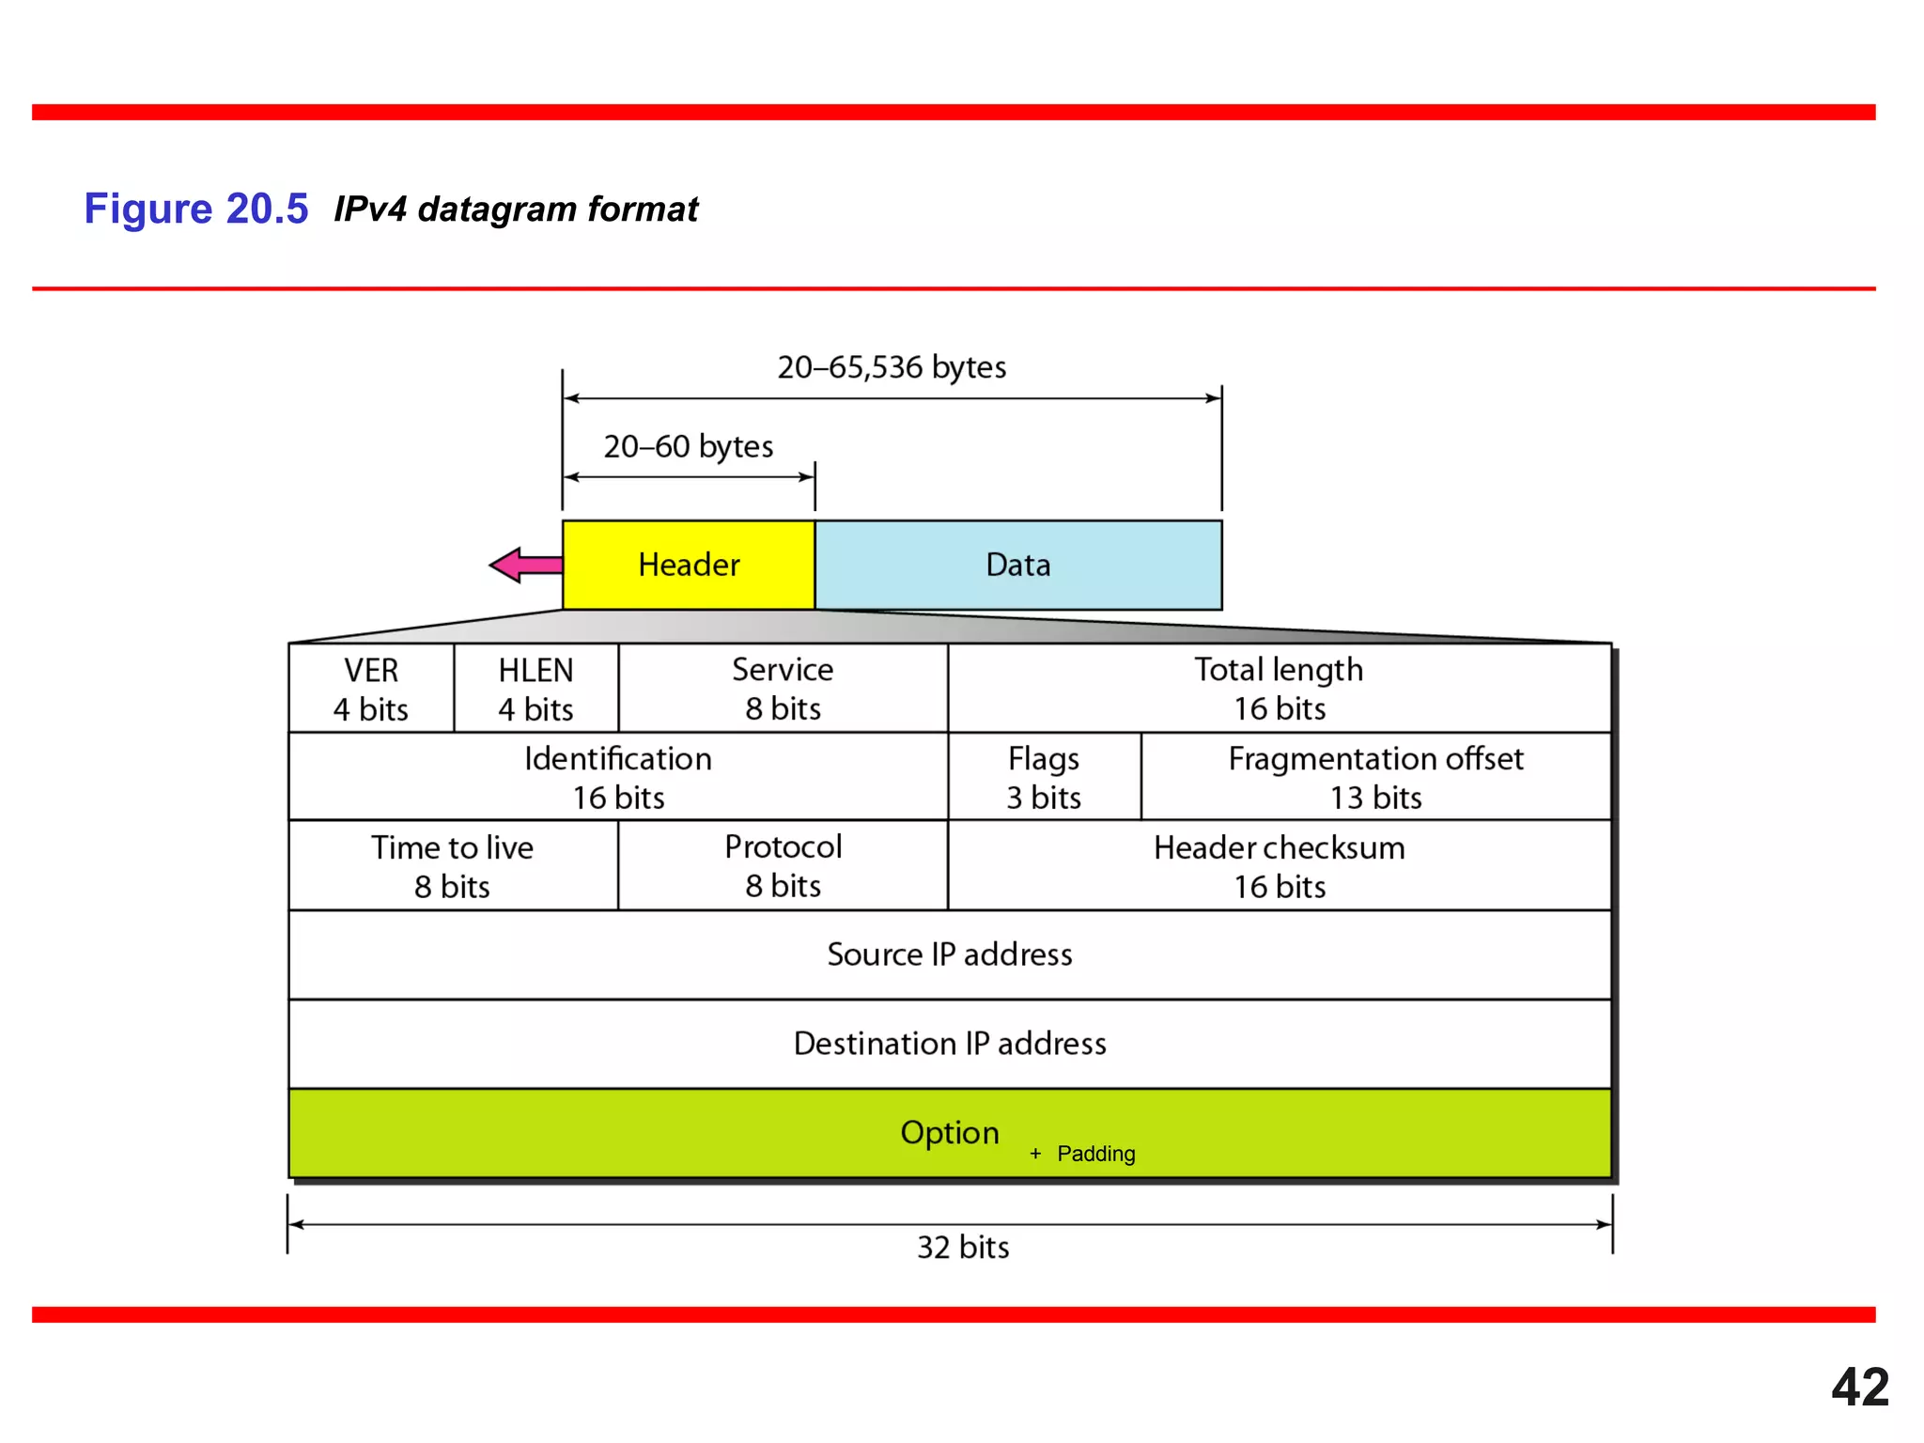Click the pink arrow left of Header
point(524,566)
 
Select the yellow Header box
point(689,566)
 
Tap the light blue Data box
point(1018,566)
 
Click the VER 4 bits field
point(371,689)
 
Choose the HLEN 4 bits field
point(535,689)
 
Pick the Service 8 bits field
point(783,689)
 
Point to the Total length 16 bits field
point(1279,689)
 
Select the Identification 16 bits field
point(618,777)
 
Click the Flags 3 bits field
point(1044,777)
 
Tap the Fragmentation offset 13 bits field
point(1375,777)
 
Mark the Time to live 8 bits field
point(452,866)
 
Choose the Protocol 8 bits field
point(783,866)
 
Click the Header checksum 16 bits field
point(1279,866)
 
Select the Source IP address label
point(949,954)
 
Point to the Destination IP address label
point(949,1044)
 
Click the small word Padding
point(1095,1154)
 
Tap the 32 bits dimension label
point(963,1248)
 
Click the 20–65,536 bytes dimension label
point(892,367)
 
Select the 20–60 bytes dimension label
point(688,446)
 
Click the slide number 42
point(1859,1388)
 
